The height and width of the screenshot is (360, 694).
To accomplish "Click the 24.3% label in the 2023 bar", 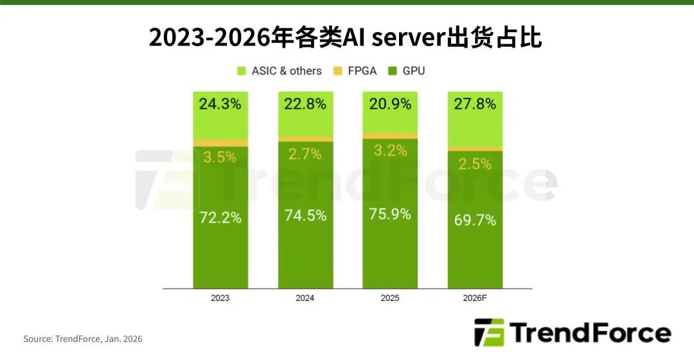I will coord(220,104).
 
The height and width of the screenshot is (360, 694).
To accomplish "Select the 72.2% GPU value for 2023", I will coord(220,217).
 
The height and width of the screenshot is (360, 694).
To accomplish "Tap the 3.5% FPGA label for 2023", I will coord(220,157).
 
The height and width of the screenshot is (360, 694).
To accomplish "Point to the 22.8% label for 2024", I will coord(305,104).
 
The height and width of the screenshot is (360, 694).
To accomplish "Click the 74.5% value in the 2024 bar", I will coord(305,215).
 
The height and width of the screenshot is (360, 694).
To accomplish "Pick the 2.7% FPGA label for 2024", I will coord(305,153).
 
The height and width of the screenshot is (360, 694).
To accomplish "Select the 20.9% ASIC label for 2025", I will coord(390,104).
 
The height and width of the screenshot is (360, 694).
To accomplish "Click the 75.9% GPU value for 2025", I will coord(390,213).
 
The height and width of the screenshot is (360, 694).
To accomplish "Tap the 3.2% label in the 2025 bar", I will coord(390,150).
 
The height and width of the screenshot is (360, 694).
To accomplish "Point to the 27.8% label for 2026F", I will coord(475,104).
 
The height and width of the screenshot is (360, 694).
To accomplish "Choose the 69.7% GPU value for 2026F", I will coord(475,220).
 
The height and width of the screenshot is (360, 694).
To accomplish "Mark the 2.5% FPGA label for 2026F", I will coord(475,164).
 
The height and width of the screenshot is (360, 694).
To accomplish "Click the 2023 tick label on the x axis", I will coord(220,298).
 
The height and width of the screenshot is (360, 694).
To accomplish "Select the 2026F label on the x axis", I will coord(475,298).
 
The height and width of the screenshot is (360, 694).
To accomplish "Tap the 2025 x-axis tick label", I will coord(390,298).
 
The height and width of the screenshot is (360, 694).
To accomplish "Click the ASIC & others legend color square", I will coord(242,71).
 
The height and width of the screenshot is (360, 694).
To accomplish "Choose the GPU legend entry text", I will coord(414,71).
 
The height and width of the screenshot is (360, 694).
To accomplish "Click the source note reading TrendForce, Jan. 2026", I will coord(83,339).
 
